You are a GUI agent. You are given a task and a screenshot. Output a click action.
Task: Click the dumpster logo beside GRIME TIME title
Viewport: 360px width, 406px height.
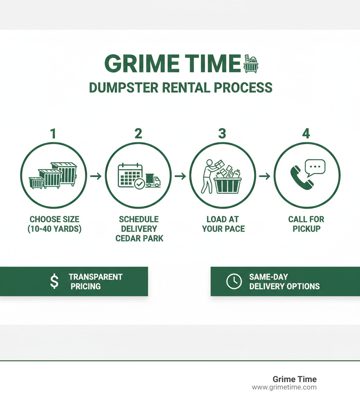click(251, 64)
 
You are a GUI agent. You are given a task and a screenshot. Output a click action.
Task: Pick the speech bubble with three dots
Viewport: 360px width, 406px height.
click(315, 168)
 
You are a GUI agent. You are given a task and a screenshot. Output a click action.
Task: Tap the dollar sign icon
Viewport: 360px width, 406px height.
click(54, 281)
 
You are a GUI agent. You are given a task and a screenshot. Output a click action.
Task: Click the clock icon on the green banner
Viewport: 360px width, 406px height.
click(234, 281)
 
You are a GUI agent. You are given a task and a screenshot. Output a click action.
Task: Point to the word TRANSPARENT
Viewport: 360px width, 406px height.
click(96, 277)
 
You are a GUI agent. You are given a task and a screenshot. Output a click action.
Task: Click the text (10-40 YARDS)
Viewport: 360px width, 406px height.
click(55, 229)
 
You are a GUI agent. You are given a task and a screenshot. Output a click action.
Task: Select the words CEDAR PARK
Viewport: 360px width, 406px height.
click(140, 238)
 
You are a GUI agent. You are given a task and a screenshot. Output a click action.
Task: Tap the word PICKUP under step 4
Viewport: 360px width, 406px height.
click(306, 229)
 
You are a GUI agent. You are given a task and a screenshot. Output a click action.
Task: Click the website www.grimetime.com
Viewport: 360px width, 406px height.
click(284, 387)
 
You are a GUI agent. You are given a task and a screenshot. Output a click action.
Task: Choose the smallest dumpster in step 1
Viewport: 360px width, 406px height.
click(36, 183)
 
